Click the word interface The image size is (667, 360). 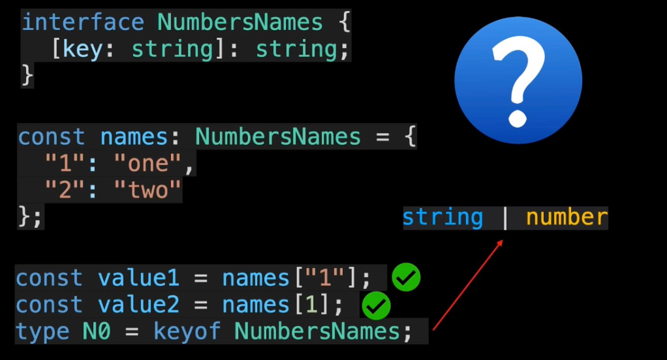point(82,22)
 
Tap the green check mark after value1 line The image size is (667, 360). point(406,278)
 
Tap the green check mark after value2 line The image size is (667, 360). point(376,305)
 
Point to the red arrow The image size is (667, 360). point(467,284)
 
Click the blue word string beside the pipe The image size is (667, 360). point(442,217)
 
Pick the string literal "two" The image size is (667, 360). point(147,190)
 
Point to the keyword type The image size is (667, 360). point(42,331)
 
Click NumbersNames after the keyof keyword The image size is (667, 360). point(317,331)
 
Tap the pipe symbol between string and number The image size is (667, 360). point(504,217)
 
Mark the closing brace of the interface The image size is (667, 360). point(27,75)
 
